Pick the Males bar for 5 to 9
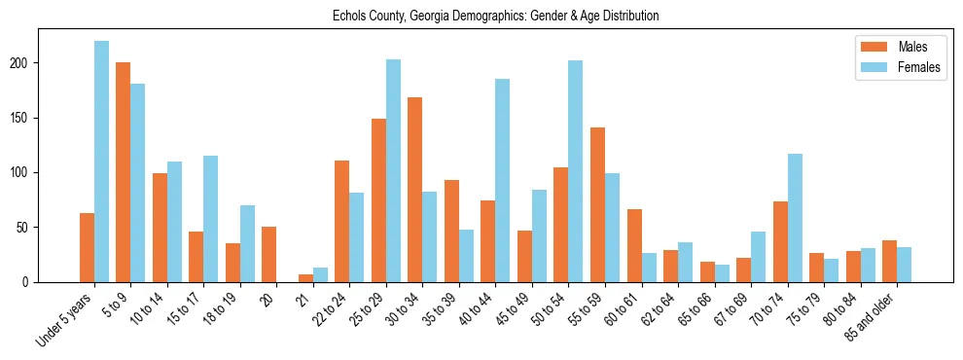click(x=124, y=172)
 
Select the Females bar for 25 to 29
click(x=393, y=171)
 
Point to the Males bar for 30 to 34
click(x=415, y=190)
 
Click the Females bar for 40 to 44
click(x=503, y=181)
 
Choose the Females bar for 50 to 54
click(x=576, y=171)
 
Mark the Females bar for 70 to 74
click(x=795, y=218)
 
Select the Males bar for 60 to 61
click(x=634, y=246)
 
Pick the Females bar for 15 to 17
click(x=211, y=219)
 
